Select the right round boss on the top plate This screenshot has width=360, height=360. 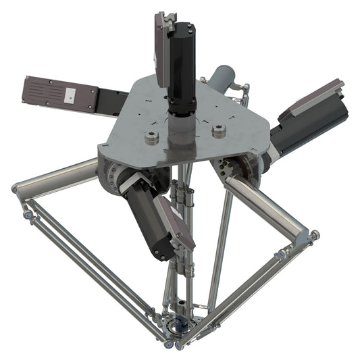click(217, 131)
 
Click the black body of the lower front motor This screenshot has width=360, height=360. click(145, 220)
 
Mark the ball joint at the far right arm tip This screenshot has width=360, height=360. click(314, 235)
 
